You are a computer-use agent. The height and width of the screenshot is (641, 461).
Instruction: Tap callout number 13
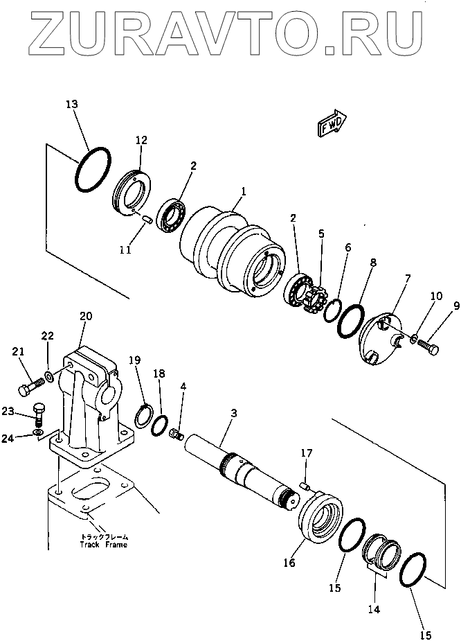tap(71, 104)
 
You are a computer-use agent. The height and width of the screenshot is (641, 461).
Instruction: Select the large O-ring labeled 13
tap(93, 168)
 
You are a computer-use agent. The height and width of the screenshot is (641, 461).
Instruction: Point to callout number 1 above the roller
tap(244, 191)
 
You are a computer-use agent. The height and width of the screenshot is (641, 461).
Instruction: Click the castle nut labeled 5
tap(313, 291)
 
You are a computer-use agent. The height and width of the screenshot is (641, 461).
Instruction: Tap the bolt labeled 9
tap(427, 347)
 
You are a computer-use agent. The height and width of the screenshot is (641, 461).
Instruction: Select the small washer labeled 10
tap(413, 338)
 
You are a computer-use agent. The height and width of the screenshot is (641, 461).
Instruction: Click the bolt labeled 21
tap(31, 386)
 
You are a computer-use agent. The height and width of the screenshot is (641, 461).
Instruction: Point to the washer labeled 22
tap(48, 376)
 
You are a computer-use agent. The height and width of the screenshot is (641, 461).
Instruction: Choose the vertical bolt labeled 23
tap(38, 414)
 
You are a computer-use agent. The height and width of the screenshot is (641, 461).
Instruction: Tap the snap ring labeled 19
tap(144, 415)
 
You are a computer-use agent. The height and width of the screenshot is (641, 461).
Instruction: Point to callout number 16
tap(289, 563)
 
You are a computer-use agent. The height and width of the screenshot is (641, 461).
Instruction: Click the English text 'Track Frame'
tap(104, 545)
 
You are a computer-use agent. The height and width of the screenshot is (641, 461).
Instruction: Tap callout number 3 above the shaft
tap(233, 413)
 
